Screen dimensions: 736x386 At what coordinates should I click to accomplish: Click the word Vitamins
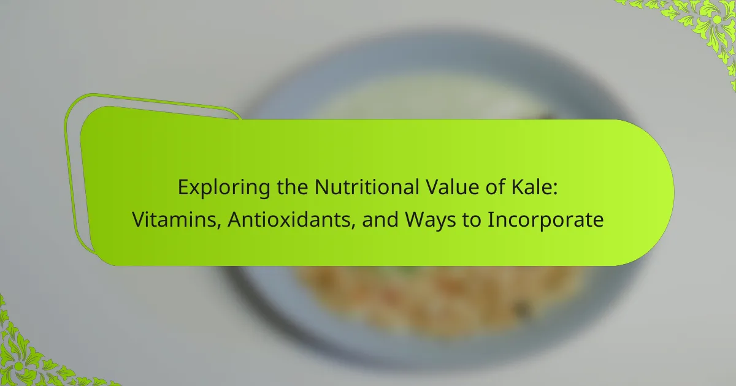click(x=174, y=219)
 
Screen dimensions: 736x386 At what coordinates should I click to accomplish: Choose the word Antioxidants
click(x=289, y=219)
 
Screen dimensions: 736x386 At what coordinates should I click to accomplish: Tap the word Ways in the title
click(x=431, y=221)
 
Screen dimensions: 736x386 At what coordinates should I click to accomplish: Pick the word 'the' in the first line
click(x=293, y=187)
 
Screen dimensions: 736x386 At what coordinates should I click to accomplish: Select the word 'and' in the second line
click(x=380, y=219)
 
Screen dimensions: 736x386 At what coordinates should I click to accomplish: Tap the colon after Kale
click(x=555, y=189)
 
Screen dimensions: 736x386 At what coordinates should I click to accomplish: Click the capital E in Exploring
click(x=183, y=187)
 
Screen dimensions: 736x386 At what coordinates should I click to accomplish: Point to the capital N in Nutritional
click(x=321, y=187)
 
